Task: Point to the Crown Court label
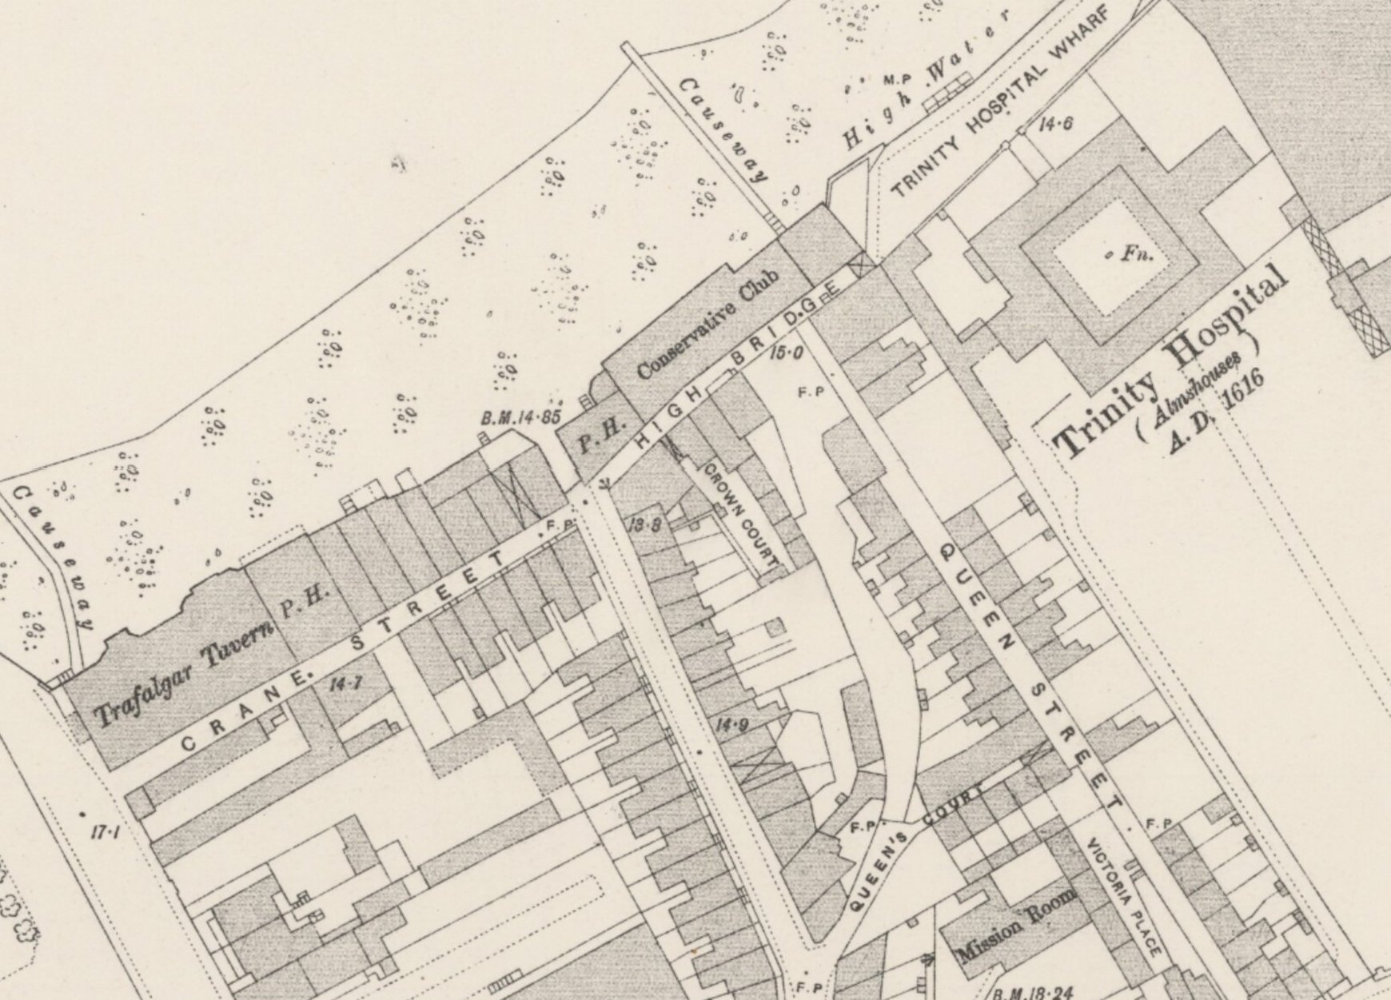[x=740, y=516]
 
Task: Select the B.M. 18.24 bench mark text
[x=1031, y=993]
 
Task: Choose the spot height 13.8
[x=644, y=524]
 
